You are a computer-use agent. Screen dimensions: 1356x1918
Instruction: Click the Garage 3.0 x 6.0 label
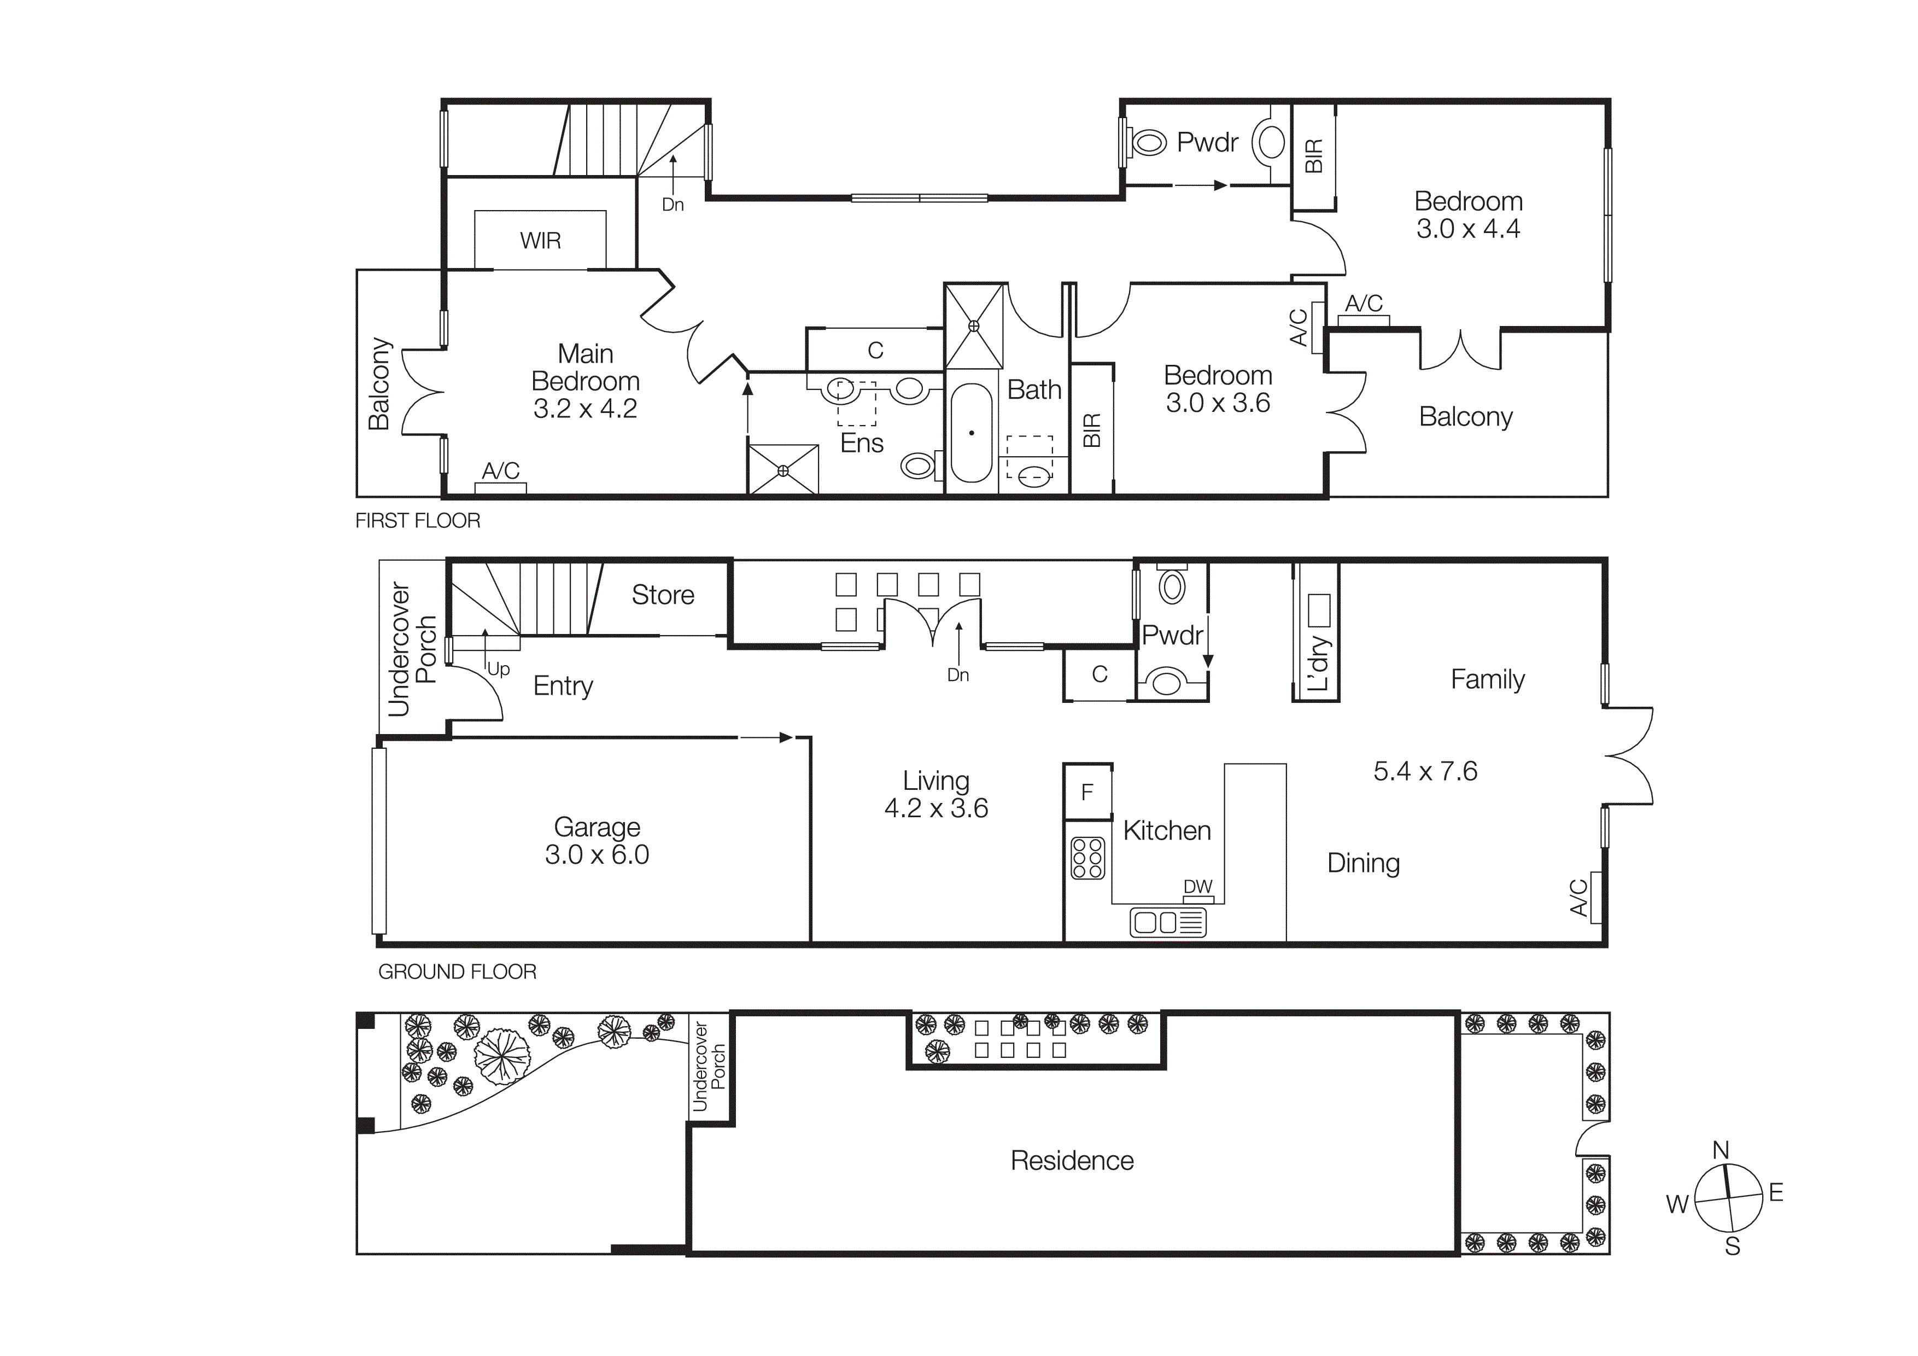pyautogui.click(x=597, y=841)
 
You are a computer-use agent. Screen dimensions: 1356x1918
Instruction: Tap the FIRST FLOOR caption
pyautogui.click(x=418, y=521)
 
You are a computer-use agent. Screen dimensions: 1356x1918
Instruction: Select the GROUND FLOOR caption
pyautogui.click(x=457, y=971)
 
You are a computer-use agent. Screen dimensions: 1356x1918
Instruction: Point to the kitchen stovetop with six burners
pyautogui.click(x=1087, y=858)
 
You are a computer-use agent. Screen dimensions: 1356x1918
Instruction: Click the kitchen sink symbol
pyautogui.click(x=1168, y=922)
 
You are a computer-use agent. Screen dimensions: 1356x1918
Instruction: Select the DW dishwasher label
pyautogui.click(x=1198, y=887)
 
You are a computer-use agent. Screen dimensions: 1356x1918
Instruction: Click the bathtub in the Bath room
pyautogui.click(x=972, y=433)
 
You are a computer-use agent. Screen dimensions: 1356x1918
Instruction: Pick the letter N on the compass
pyautogui.click(x=1721, y=1150)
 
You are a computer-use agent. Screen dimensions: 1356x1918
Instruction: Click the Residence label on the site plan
pyautogui.click(x=1072, y=1161)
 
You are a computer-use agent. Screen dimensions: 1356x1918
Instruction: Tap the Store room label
pyautogui.click(x=663, y=595)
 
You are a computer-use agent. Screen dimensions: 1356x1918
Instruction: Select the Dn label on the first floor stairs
pyautogui.click(x=673, y=205)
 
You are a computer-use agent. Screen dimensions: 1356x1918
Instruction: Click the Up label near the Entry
pyautogui.click(x=498, y=669)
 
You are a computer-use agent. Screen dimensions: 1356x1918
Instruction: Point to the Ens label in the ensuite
pyautogui.click(x=861, y=443)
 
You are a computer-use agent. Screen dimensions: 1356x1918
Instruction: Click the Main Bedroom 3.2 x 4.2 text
pyautogui.click(x=585, y=381)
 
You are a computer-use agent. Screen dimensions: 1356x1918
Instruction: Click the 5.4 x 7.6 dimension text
pyautogui.click(x=1425, y=771)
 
